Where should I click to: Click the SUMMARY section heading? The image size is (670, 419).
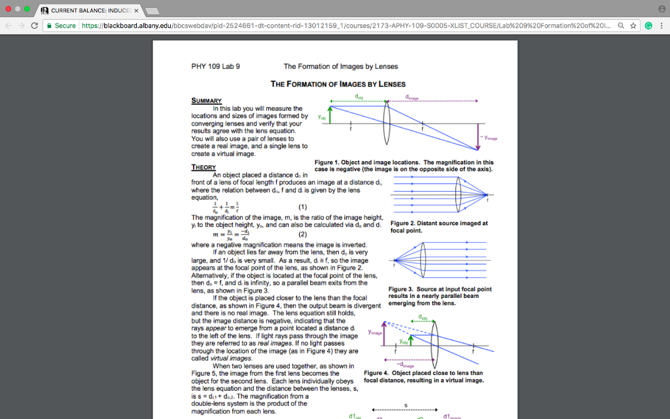coord(205,101)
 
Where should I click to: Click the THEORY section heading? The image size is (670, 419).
coord(203,168)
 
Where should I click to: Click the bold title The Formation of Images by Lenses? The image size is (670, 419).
coord(338,84)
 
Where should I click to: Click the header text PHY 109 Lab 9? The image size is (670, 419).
coord(215,66)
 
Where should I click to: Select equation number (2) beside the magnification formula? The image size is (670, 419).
coord(302,234)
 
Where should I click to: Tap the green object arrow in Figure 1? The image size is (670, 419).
coord(330,115)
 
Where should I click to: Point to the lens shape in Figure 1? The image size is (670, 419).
coord(387,123)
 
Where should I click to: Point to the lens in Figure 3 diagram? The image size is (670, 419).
coord(421,257)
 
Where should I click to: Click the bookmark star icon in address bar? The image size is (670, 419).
coord(633,26)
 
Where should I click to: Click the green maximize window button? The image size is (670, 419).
coord(27,10)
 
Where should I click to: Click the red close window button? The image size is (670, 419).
coord(7,10)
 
